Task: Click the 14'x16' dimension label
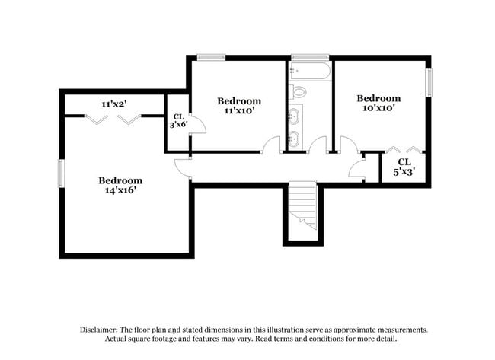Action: tap(120, 190)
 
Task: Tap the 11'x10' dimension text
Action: tap(239, 111)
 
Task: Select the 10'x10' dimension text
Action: tap(378, 108)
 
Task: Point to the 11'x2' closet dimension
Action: tap(114, 104)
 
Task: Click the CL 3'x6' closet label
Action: tap(179, 121)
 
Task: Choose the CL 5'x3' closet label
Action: tap(404, 167)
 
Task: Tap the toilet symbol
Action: tap(299, 92)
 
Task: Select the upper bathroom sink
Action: tap(294, 116)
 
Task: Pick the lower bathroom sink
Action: tap(294, 139)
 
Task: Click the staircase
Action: tap(303, 205)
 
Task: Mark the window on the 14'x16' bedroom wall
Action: tap(62, 174)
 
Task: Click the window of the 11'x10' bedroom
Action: tap(212, 57)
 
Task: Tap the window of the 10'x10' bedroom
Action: tap(429, 83)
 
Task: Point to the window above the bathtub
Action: tap(310, 57)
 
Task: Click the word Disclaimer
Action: tap(99, 330)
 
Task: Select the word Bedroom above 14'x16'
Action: tap(120, 180)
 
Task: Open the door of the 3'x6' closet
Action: tap(198, 124)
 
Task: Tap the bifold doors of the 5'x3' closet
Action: tap(404, 149)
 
